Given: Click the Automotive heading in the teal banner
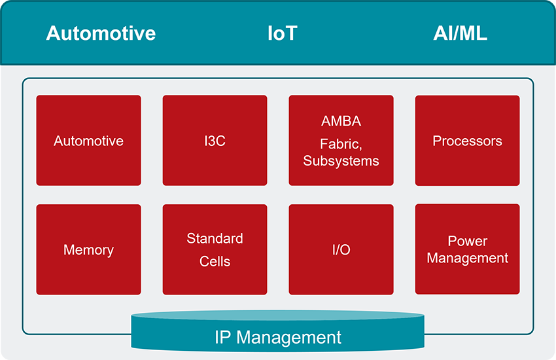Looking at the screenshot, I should pos(101,33).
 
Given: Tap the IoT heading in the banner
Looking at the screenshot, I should pos(282,33).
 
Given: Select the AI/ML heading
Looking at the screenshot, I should pos(460,33).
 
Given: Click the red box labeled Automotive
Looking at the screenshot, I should pos(88,141).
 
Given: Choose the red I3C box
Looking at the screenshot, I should pos(215,141).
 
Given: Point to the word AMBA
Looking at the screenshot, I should pos(341,121).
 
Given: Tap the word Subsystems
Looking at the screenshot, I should pos(341,161).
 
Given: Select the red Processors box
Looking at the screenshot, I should pos(467,141).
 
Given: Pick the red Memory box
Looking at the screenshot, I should pos(88,249).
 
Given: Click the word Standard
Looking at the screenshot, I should pos(215,238).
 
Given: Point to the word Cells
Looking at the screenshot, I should pos(215,261).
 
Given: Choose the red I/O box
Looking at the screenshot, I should pos(341,249).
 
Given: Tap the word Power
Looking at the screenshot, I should pos(467,241).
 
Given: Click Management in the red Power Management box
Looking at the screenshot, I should pos(467,258).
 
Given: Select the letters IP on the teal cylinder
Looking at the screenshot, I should pos(223,338).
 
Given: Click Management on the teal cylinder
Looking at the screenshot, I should pos(288,338).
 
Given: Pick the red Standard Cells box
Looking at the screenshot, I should pos(215,278).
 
